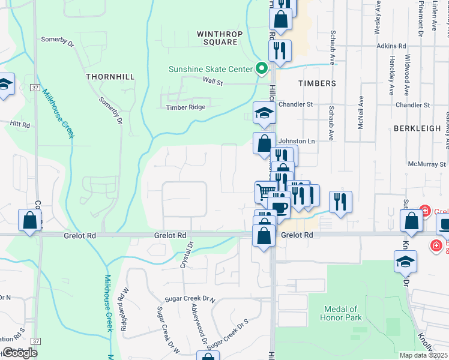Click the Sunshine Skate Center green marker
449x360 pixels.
261,69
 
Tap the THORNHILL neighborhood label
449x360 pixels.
108,77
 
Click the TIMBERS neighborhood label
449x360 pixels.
315,83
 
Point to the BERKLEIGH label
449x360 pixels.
414,128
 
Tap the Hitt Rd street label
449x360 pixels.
19,124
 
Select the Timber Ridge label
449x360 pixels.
186,107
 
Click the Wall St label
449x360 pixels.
212,80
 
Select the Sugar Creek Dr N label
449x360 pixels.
191,298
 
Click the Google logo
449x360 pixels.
20,353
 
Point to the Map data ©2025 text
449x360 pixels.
423,355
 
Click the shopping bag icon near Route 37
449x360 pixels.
29,220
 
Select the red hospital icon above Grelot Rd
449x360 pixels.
424,211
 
